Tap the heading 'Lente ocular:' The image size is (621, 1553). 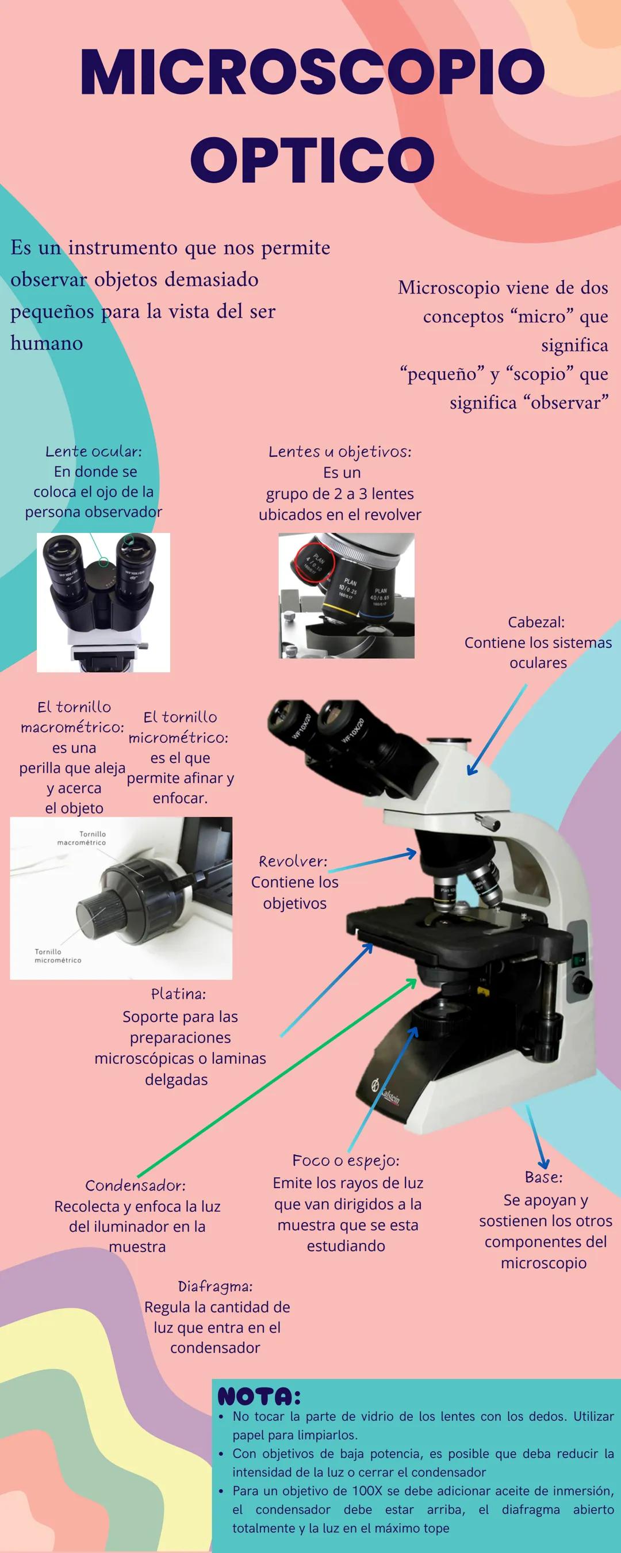click(93, 451)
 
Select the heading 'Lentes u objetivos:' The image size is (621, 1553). click(340, 452)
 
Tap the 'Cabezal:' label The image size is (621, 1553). click(536, 621)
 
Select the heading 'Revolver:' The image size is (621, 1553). click(293, 861)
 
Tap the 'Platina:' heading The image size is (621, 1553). click(178, 993)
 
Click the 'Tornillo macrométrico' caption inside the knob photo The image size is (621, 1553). click(81, 838)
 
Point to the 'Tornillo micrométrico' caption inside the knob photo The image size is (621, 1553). click(57, 956)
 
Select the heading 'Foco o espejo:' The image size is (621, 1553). click(346, 1161)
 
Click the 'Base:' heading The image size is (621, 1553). click(543, 1177)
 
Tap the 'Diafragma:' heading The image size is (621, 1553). click(215, 1286)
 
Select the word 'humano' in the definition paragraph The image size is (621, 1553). click(47, 343)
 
